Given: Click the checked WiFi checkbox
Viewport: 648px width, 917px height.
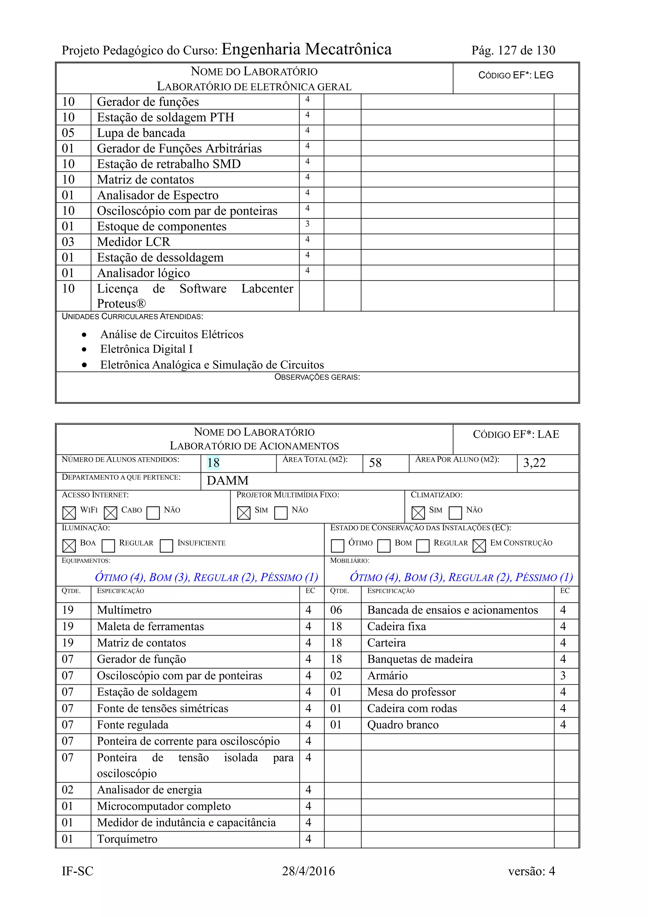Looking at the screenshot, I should pos(69,513).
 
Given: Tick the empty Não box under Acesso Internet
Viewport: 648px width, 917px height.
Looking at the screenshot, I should pos(153,513).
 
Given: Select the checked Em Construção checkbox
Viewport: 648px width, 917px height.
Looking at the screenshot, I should pos(479,546).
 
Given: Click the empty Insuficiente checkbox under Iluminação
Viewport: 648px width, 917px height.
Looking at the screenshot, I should pos(166,546).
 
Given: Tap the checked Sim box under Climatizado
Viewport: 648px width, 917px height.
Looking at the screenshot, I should pos(418,513).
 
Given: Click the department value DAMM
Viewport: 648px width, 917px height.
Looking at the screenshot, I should pos(227,480).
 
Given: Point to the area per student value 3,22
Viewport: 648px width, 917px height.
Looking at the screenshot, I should pos(534,463).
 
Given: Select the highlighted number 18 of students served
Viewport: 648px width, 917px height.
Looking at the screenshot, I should pos(213,463).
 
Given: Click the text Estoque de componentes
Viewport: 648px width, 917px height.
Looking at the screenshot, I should pos(162,226).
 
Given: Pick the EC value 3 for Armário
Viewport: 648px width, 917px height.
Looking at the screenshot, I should pos(563,676).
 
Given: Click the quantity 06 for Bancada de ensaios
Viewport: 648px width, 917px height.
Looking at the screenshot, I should pos(336,610).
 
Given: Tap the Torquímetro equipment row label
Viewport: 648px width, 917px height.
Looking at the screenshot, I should pos(127,839).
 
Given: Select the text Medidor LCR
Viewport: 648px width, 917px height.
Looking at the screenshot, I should pos(133,242).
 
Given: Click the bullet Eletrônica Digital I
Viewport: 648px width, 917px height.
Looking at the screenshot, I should pos(146,349).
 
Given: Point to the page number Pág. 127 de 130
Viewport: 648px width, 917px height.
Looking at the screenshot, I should pos(513,50).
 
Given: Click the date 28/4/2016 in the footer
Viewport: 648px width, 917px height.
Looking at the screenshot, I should pos(308,871).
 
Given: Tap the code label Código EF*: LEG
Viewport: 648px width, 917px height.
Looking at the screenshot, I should pos(516,75).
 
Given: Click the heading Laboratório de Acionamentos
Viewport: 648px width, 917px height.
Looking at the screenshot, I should pos(254,446).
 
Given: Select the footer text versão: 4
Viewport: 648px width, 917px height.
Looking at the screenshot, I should pos(532,871).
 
